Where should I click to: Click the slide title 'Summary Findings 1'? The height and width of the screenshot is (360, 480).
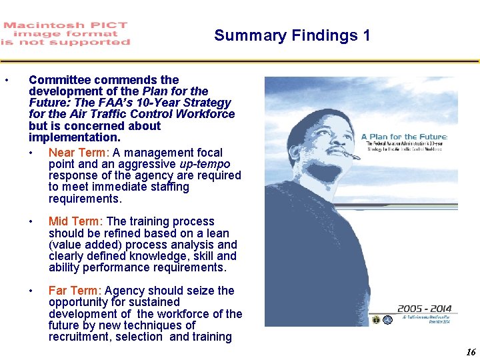point(292,35)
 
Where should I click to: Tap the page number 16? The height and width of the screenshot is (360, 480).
point(471,353)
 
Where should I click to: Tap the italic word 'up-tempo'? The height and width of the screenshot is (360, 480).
point(205,164)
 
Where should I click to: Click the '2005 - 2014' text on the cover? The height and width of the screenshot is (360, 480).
point(425,309)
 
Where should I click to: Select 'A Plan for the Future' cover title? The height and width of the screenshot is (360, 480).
point(404,137)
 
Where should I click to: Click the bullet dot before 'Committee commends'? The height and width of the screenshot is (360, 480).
point(6,81)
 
